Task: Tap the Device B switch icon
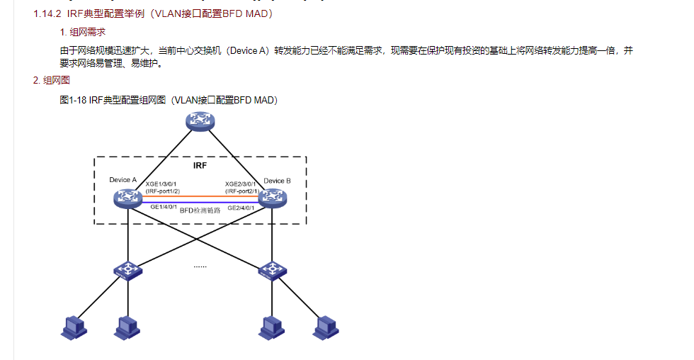tap(273, 198)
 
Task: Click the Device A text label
tap(123, 180)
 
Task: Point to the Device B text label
tap(277, 181)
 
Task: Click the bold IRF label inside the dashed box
tap(200, 166)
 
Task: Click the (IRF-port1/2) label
tap(163, 191)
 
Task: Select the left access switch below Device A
tap(128, 270)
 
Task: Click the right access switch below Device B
tap(273, 270)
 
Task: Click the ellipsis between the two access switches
tap(200, 266)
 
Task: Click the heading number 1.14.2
tap(47, 13)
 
